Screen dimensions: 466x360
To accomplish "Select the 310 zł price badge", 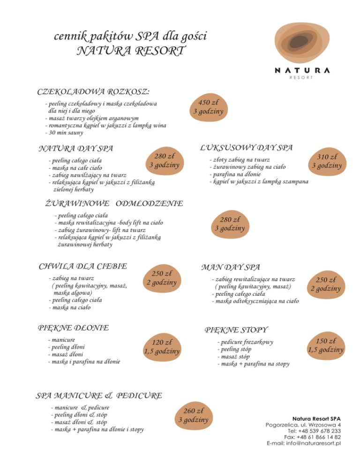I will [x=325, y=161].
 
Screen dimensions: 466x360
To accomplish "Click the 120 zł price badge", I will [x=162, y=346].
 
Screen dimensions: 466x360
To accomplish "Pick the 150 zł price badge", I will [x=325, y=346].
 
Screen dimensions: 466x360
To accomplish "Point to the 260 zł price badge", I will [x=193, y=415].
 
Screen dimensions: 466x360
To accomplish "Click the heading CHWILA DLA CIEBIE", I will [x=82, y=266].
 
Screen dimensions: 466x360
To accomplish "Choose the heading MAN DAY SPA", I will [x=230, y=267].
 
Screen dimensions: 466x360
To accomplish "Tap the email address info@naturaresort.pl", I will [x=303, y=443].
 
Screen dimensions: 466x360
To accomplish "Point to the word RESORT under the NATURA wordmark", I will [x=301, y=78].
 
